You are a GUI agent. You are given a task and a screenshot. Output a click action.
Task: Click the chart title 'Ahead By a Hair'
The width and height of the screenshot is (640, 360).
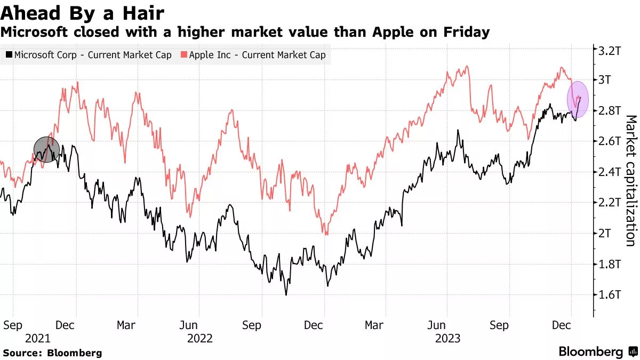pos(83,13)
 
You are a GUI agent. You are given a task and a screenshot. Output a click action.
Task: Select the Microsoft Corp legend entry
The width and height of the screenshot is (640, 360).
pos(89,55)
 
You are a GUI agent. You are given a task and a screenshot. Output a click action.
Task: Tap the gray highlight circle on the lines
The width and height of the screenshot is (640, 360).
pos(47,149)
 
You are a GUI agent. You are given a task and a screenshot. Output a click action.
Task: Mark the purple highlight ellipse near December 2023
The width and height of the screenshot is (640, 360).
pos(578,100)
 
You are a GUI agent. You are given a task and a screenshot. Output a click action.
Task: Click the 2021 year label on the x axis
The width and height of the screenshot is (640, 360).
pos(37,338)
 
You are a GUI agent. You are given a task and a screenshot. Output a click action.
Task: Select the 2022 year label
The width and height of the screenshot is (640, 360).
pos(200,338)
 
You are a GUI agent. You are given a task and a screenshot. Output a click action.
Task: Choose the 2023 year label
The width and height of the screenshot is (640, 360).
pos(448,338)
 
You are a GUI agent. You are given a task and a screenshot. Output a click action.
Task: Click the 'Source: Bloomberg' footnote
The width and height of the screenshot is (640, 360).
pos(52,353)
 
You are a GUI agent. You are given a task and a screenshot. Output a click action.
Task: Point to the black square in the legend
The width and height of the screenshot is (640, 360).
pos(9,55)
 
